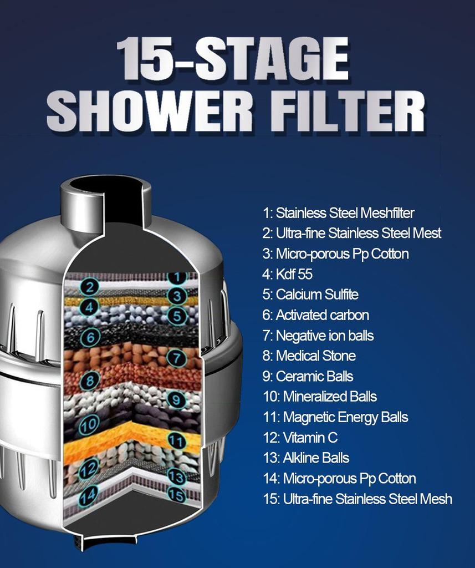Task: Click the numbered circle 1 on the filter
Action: tap(176, 276)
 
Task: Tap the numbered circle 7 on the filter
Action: tap(176, 358)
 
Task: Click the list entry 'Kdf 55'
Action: tap(288, 274)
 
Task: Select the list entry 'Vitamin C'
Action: tap(300, 438)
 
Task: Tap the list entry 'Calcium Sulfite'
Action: tap(310, 295)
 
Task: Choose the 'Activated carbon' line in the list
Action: tap(315, 315)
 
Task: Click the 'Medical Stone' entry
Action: tap(309, 356)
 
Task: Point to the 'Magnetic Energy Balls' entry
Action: tap(335, 417)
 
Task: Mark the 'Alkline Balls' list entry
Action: tap(306, 458)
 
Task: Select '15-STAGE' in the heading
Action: tap(233, 58)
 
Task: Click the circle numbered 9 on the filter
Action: tap(176, 398)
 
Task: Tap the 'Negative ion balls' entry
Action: tap(318, 336)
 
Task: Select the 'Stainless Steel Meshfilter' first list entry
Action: tap(338, 213)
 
